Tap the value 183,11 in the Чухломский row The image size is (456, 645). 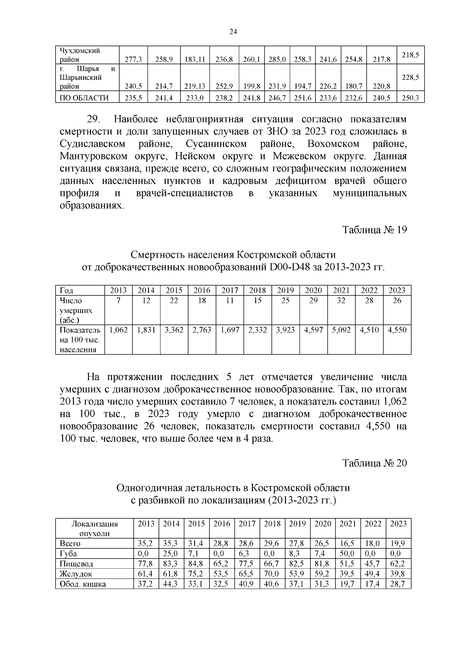coord(195,59)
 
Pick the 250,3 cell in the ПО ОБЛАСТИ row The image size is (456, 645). coord(410,98)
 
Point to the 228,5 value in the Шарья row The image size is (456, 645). coord(410,77)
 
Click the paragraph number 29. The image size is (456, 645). coord(93,119)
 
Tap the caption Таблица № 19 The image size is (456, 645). coord(375,230)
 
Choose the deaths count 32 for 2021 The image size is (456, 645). coord(341,301)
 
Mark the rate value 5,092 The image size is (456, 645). coord(341,330)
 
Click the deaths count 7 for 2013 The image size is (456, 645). coord(119,301)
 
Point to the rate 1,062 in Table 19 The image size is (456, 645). coord(119,330)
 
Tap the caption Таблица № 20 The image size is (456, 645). coord(375,463)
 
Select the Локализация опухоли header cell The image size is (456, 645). coord(95,528)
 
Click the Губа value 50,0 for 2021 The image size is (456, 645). coord(347,553)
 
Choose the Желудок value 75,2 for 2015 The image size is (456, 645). coord(196,574)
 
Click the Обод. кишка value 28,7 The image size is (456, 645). coord(398,584)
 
